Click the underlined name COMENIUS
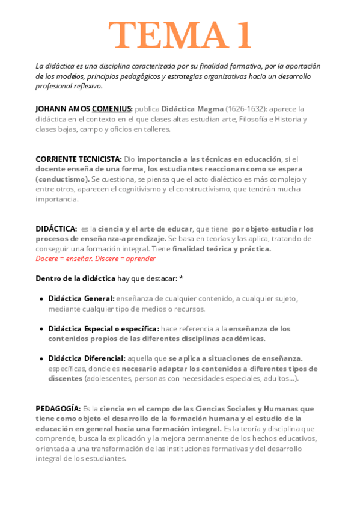pyautogui.click(x=112, y=109)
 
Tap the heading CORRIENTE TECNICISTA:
pyautogui.click(x=79, y=159)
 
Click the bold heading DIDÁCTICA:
pyautogui.click(x=56, y=229)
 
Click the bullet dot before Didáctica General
pyautogui.click(x=41, y=298)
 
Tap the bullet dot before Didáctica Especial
pyautogui.click(x=41, y=329)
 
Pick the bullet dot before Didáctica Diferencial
pyautogui.click(x=41, y=358)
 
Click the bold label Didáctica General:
pyautogui.click(x=81, y=298)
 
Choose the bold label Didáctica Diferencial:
pyautogui.click(x=87, y=358)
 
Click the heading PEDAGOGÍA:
pyautogui.click(x=58, y=408)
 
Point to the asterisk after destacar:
pyautogui.click(x=181, y=278)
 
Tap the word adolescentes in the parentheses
pyautogui.click(x=108, y=379)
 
